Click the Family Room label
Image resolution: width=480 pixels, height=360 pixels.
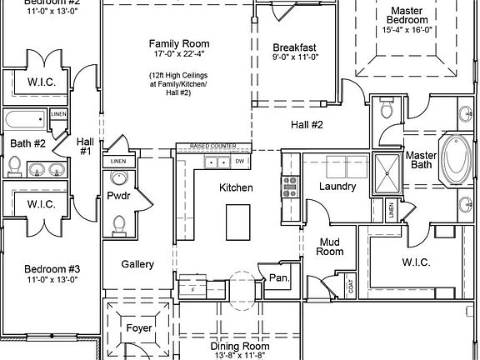[x=178, y=43]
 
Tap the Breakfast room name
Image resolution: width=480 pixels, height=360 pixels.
[x=293, y=47]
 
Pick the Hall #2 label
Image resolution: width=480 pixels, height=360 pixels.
[x=306, y=125]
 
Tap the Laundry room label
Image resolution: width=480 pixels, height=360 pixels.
[x=337, y=187]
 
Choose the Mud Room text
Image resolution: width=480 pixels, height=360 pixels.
[x=332, y=246]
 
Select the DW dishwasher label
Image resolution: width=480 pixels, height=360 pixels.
[x=239, y=161]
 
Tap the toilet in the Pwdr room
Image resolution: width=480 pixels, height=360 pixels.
[x=119, y=223]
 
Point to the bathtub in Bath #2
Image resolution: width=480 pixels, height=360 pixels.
[x=25, y=121]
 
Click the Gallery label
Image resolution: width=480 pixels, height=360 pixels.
[x=137, y=264]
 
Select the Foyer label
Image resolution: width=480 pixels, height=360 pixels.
[x=139, y=327]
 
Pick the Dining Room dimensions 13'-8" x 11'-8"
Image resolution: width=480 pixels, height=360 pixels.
[x=239, y=355]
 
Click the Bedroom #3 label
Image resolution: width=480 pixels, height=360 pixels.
[x=52, y=269]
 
